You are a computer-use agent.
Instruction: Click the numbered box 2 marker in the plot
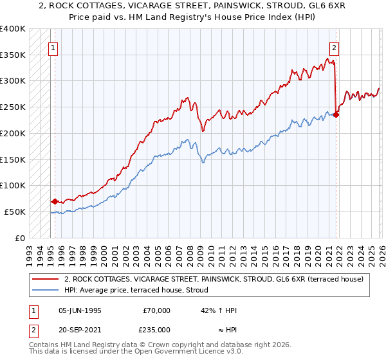point(335,47)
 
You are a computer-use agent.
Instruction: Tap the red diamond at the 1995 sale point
point(55,201)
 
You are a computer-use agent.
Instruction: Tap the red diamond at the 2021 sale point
point(336,114)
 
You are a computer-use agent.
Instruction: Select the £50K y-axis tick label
point(15,212)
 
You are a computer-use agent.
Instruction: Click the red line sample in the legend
point(46,279)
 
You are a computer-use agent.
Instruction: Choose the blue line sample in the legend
point(46,290)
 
